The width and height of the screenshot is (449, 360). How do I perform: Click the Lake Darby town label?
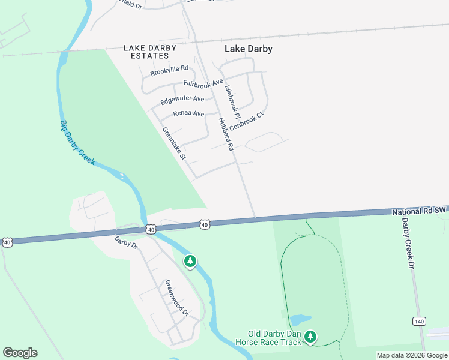coord(248,49)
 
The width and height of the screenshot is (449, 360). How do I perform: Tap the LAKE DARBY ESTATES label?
coord(146,52)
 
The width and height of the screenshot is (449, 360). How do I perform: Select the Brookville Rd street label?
coord(169,71)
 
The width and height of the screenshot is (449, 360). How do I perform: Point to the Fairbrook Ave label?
coord(203,84)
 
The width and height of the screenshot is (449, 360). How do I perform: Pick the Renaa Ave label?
coord(188,113)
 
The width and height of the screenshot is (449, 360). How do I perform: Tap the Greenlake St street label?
coord(175,143)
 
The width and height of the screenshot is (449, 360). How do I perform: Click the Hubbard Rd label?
coord(226,134)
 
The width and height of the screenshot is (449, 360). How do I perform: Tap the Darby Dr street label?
coord(127,242)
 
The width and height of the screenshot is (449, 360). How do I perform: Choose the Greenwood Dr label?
coord(177,298)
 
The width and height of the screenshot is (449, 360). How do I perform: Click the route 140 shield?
coord(419,322)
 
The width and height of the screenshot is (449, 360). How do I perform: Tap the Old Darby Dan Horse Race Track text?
coord(274,338)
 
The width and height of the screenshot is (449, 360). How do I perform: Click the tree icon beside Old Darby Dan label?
coord(310,337)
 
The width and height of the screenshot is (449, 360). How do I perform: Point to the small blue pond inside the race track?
coord(300,320)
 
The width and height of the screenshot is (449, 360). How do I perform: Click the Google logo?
coord(20,353)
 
